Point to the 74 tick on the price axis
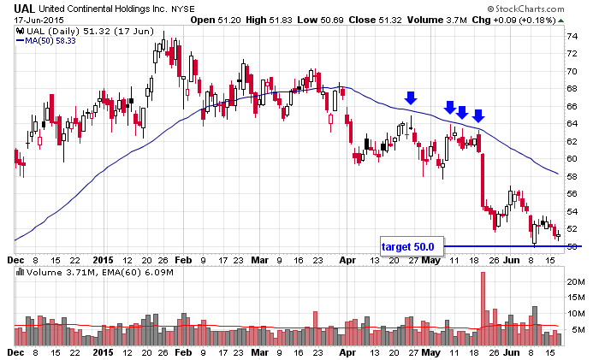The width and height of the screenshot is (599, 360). click(572, 36)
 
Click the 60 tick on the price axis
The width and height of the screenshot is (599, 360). click(572, 159)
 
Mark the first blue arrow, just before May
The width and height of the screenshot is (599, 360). click(411, 98)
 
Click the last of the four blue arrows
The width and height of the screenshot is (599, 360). click(478, 115)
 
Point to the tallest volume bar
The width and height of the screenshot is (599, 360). click(483, 308)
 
